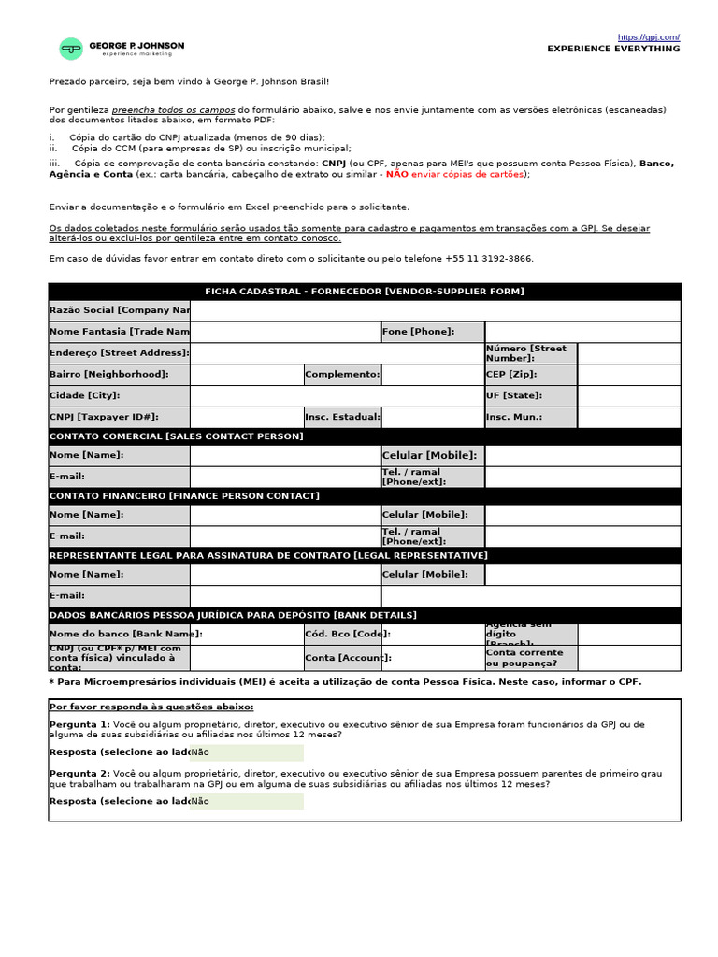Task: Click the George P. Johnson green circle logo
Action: pos(70,49)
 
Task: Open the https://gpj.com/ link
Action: pos(648,37)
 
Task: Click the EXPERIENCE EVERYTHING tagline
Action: pos(613,49)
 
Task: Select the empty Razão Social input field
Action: pos(436,310)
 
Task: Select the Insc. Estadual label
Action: pos(342,417)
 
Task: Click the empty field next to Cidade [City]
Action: pos(337,395)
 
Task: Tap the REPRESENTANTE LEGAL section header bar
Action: pos(365,555)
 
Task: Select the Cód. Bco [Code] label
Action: pos(342,634)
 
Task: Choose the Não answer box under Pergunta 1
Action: pos(247,752)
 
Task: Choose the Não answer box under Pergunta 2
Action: pos(247,801)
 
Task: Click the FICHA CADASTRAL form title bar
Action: pos(365,292)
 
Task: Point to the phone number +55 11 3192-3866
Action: pos(487,258)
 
